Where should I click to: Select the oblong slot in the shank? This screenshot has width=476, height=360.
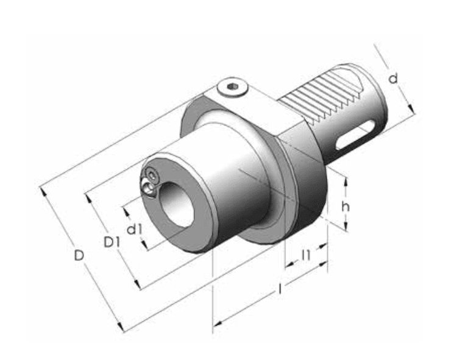(355, 133)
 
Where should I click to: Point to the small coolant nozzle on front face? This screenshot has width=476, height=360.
(150, 183)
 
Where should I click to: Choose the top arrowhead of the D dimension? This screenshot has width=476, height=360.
(43, 189)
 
